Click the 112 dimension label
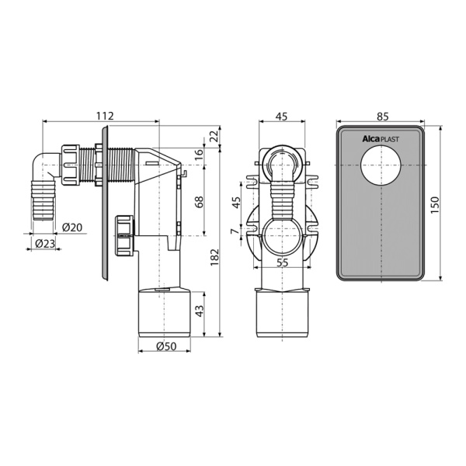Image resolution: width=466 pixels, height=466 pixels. [105, 116]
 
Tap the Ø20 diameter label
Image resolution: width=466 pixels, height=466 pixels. [72, 228]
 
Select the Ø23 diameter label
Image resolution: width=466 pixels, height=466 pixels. [46, 244]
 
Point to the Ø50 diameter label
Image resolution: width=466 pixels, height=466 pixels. [166, 346]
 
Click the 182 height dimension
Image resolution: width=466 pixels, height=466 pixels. [214, 257]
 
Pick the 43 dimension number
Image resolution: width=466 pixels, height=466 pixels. [200, 311]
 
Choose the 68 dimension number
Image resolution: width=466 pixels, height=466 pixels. [200, 202]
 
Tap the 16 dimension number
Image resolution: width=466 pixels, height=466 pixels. [200, 155]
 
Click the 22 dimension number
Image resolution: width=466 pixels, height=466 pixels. [215, 136]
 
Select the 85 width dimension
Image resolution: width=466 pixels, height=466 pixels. [383, 116]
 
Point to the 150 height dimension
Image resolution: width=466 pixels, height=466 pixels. [434, 204]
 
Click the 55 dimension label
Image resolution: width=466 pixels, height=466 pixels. [283, 263]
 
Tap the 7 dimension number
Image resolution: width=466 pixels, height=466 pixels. [235, 231]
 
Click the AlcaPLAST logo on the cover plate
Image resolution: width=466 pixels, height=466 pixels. [380, 139]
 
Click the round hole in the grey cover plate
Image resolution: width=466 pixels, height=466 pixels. [381, 165]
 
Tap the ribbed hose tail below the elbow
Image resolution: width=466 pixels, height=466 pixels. [43, 200]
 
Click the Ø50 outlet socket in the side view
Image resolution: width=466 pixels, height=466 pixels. [165, 312]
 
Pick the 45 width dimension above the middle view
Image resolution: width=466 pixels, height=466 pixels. [282, 116]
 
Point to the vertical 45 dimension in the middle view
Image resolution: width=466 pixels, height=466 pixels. [235, 202]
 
